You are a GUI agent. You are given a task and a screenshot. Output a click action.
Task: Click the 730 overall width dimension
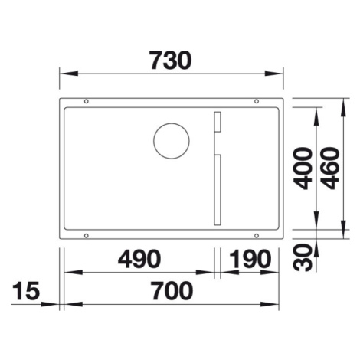point(170,61)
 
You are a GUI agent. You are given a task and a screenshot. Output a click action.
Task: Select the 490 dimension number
point(139,259)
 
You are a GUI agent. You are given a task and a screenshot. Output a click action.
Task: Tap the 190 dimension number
point(250,259)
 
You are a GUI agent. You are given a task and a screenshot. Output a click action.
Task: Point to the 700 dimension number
point(172,290)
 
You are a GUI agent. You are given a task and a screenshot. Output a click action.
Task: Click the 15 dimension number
point(26,290)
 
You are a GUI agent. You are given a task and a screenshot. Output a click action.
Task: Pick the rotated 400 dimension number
point(303,169)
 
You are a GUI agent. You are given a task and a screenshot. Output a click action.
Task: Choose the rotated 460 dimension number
point(330,169)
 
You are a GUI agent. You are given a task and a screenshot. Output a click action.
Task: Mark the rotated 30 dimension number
point(303,257)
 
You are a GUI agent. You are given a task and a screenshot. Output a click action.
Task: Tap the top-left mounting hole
point(87,101)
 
